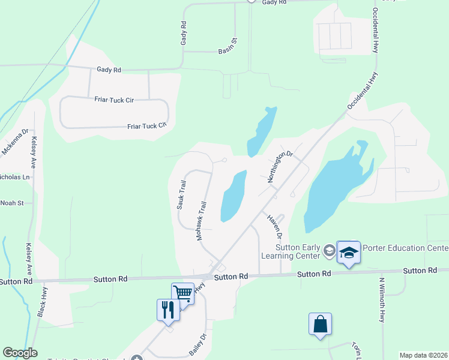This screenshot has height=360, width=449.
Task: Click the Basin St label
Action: (228, 44)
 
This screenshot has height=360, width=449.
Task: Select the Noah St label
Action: (11, 203)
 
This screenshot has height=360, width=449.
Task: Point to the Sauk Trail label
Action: (181, 194)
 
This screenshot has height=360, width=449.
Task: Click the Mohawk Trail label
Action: (203, 221)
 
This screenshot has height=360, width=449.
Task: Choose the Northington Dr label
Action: (280, 166)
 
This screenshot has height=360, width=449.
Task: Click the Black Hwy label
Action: (41, 304)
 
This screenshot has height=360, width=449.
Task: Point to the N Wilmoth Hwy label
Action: (382, 299)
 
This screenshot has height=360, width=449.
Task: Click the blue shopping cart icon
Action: (182, 293)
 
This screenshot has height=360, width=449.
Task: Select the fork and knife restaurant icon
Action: (168, 310)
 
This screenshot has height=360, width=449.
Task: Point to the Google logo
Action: (20, 353)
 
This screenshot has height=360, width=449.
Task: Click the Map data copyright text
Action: (423, 355)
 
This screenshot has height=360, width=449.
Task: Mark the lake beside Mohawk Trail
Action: (233, 196)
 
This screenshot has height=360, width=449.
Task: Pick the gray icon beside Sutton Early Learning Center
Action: (329, 250)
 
